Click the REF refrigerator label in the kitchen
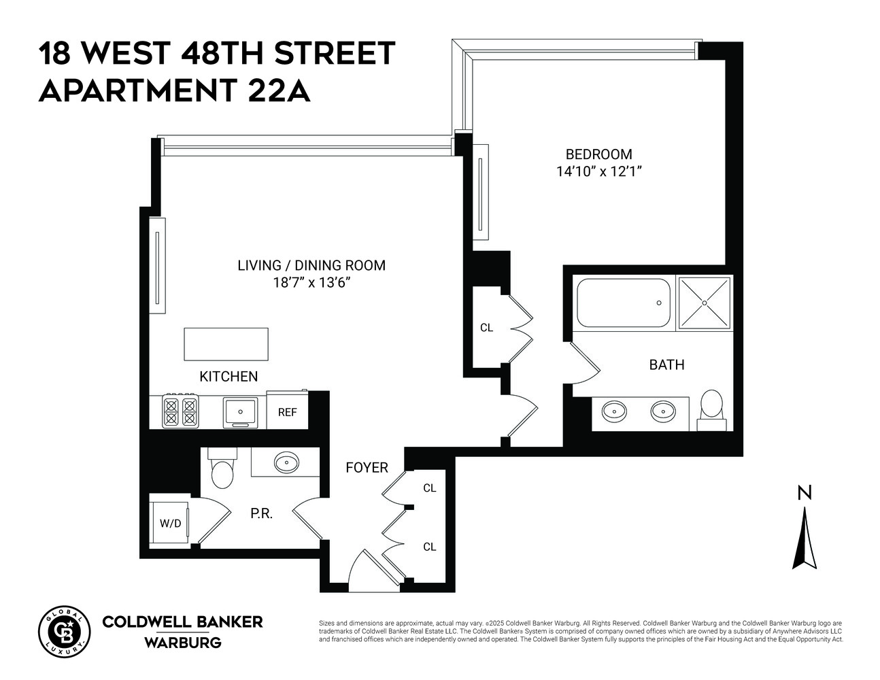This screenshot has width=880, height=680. tap(287, 412)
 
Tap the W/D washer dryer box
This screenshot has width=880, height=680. tap(170, 523)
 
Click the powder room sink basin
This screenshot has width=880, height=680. tap(286, 464)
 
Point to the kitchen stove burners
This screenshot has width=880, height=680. tap(180, 411)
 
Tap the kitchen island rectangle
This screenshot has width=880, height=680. tap(226, 344)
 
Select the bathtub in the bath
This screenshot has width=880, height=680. tap(623, 303)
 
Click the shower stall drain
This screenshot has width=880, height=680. tap(705, 302)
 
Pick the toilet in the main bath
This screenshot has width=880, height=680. tap(712, 407)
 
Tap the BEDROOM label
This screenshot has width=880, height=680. tap(598, 154)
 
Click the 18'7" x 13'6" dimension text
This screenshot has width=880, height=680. tap(311, 283)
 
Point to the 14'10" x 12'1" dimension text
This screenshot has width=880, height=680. tap(598, 171)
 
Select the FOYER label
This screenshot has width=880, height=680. tap(367, 468)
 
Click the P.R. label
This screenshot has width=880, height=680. tap(261, 513)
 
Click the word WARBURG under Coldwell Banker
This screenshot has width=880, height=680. tap(182, 642)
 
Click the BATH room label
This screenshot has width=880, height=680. tap(666, 365)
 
